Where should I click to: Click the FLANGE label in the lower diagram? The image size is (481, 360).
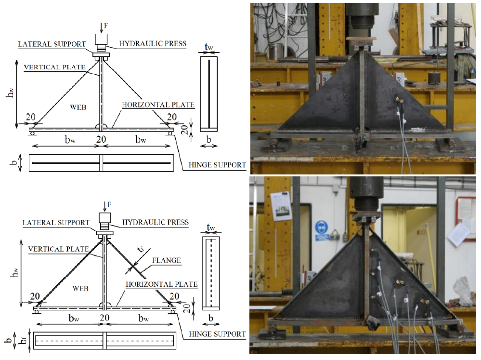pos(167,260)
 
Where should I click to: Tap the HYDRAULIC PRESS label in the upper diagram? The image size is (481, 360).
pos(153,44)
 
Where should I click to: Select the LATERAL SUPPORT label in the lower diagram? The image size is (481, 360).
pos(56,222)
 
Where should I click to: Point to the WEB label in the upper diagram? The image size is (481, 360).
pos(78,107)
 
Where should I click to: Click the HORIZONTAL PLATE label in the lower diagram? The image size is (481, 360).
pos(162,284)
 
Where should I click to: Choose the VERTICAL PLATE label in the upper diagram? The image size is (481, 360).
pos(54,67)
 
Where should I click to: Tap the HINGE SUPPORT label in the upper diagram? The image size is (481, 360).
pos(217,165)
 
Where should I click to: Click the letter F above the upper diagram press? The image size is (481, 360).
pos(106,26)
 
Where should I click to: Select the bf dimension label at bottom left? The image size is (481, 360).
pos(24,340)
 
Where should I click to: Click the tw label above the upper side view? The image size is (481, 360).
pos(209,47)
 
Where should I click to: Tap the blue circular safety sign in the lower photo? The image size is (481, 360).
pos(321,227)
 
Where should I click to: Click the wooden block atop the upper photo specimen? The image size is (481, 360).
pos(361,39)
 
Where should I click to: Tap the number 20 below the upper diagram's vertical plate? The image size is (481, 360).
pos(101,139)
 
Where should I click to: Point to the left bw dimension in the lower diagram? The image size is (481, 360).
pos(74,318)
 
